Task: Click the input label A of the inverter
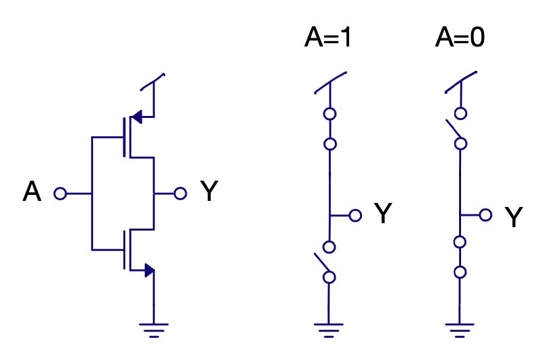coord(32,191)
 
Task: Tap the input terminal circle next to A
coord(60,193)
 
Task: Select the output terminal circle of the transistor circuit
coord(181,193)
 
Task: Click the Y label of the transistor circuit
coord(209,191)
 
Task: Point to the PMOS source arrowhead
coord(137,117)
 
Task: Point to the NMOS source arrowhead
coord(150,270)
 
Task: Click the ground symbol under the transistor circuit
coord(154,330)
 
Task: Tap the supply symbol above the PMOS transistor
coord(153,82)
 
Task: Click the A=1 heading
coord(328,37)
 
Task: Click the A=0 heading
coord(460,37)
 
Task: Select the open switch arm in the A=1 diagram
coord(322,262)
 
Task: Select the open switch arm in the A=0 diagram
coord(453,129)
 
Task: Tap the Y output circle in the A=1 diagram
coord(355,215)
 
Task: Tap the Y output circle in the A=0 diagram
coord(486,215)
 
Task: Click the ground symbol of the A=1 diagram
coord(328,330)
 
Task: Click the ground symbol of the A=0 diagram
coord(460,330)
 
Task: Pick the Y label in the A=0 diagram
coord(514,216)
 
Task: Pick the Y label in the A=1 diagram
coord(383,212)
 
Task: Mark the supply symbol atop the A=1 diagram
coord(330,82)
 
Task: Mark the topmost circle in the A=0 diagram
coord(460,113)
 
